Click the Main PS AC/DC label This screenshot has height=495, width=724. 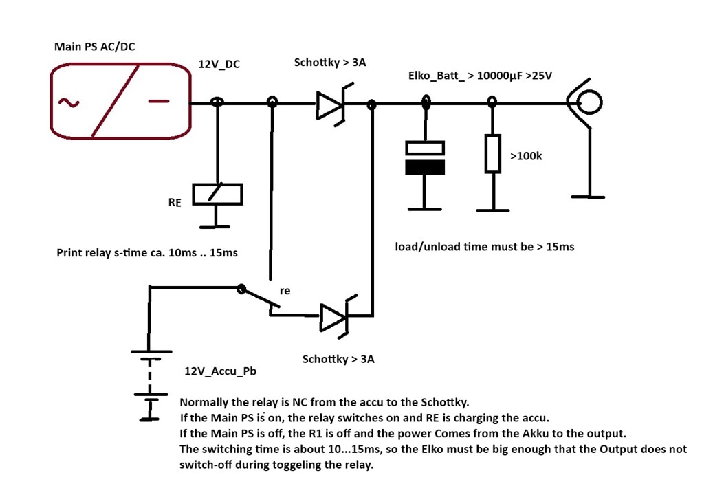(95, 47)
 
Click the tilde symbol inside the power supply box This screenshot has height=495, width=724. (68, 102)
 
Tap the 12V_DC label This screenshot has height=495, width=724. (219, 64)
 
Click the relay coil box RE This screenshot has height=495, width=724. (217, 194)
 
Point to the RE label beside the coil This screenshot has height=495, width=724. (175, 203)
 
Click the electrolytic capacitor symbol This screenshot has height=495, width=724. (425, 158)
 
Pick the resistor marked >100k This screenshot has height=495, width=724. (493, 154)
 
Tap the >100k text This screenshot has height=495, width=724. (526, 156)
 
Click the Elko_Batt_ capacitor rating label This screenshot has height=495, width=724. (480, 76)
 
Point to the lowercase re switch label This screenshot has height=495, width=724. (285, 291)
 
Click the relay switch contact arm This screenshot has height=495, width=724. (260, 298)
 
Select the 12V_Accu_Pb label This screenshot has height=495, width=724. (220, 371)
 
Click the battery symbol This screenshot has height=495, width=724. (151, 385)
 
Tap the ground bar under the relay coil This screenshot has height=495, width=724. (215, 227)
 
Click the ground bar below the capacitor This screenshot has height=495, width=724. (425, 209)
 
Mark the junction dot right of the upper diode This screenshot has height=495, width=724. (371, 104)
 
